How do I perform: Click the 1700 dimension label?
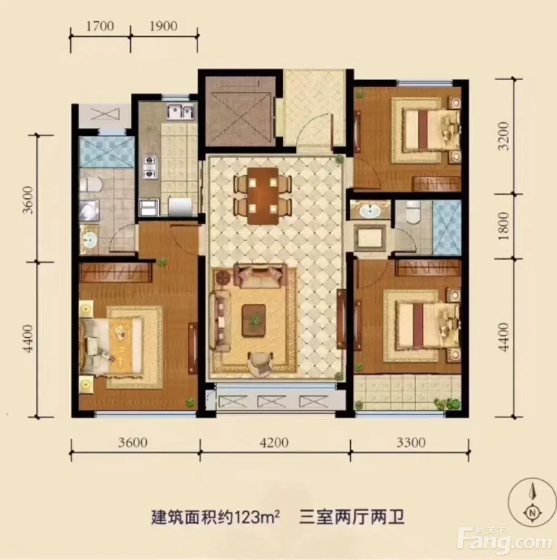click(100, 26)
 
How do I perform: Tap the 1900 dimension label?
click(164, 26)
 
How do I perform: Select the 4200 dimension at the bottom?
click(274, 442)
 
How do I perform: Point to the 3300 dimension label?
click(411, 442)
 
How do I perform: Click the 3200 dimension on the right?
click(504, 136)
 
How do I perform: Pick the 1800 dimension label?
click(504, 226)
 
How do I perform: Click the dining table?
click(263, 196)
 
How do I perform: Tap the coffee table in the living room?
click(254, 320)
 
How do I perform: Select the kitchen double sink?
click(180, 112)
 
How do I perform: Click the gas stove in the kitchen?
click(149, 167)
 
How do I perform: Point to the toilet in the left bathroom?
click(91, 185)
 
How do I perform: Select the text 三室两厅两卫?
click(351, 517)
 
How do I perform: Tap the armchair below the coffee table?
click(260, 363)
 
